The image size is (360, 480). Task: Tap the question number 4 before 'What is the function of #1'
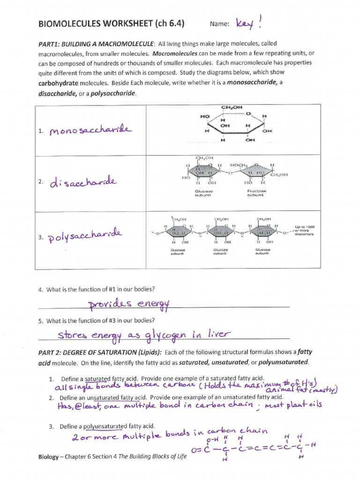[40, 289]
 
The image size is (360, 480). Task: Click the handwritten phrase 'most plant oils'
[293, 405]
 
